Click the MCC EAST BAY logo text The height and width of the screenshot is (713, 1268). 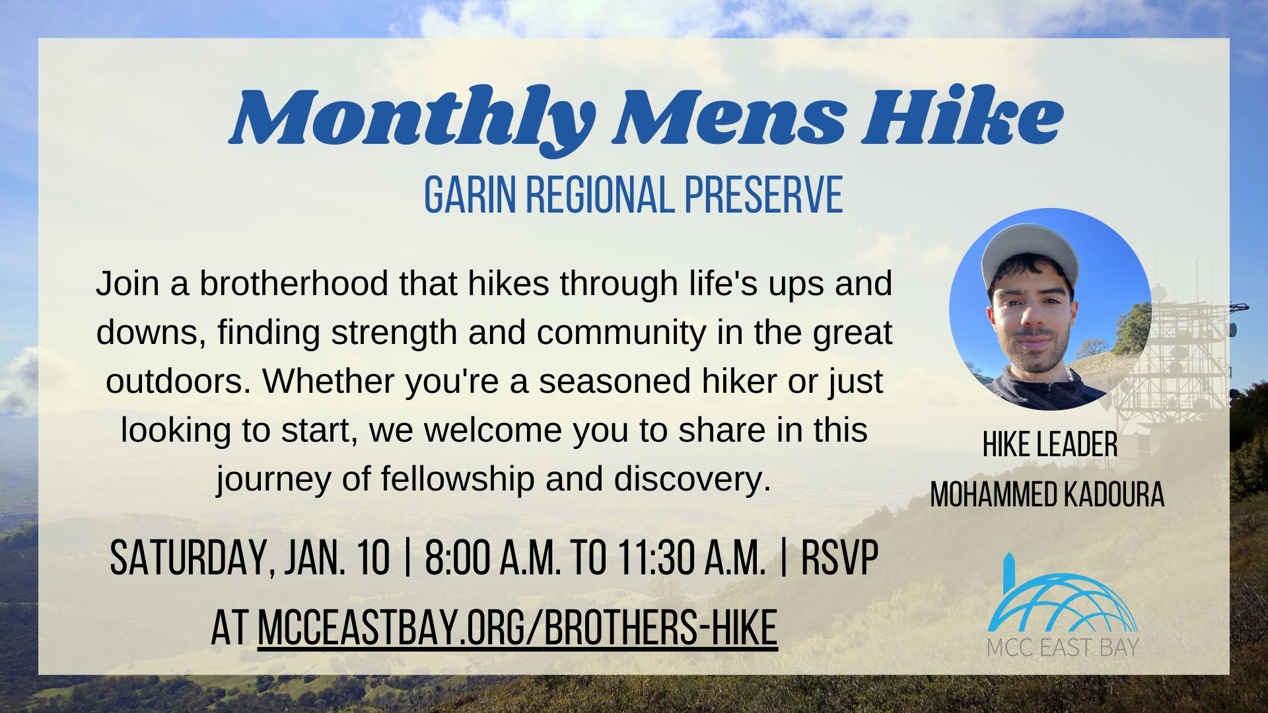[1063, 646]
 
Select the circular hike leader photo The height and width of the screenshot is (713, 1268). [1050, 309]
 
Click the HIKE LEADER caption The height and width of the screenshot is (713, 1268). [1050, 445]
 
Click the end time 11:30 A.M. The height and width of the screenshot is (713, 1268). [692, 558]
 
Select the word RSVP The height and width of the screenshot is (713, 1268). [839, 558]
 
